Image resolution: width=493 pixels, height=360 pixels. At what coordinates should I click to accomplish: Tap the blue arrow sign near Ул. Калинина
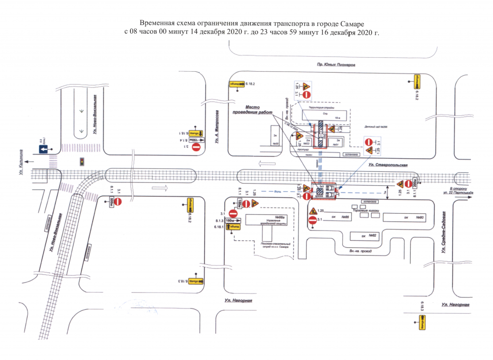[43, 150]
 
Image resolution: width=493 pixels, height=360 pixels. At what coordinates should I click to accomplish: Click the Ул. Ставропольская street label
[389, 166]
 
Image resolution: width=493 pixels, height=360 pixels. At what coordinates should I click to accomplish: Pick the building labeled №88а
[280, 217]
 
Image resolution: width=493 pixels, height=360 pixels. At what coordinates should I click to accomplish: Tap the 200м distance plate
[414, 183]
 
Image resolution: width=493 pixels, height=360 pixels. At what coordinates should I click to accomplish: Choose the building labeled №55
[276, 143]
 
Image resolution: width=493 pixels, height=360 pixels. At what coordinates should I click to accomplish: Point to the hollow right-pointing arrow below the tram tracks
[158, 187]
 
